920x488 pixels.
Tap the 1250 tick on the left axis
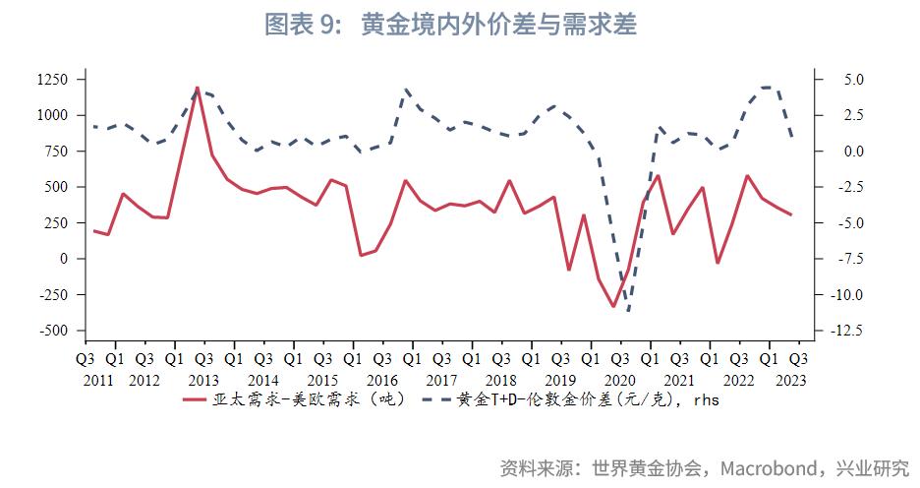(53, 79)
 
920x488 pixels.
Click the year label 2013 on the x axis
(203, 380)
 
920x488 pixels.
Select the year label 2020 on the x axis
(619, 380)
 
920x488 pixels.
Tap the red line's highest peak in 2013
(198, 88)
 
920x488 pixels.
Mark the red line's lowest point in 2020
(613, 306)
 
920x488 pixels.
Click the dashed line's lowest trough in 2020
(627, 312)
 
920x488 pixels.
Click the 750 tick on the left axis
(57, 151)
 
